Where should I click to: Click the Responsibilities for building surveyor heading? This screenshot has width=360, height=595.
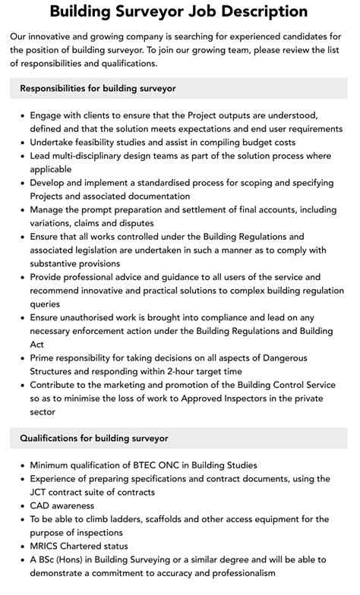tap(98, 88)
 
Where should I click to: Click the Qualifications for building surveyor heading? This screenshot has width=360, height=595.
tap(94, 438)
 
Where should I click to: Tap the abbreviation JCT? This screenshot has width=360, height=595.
tap(40, 493)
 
